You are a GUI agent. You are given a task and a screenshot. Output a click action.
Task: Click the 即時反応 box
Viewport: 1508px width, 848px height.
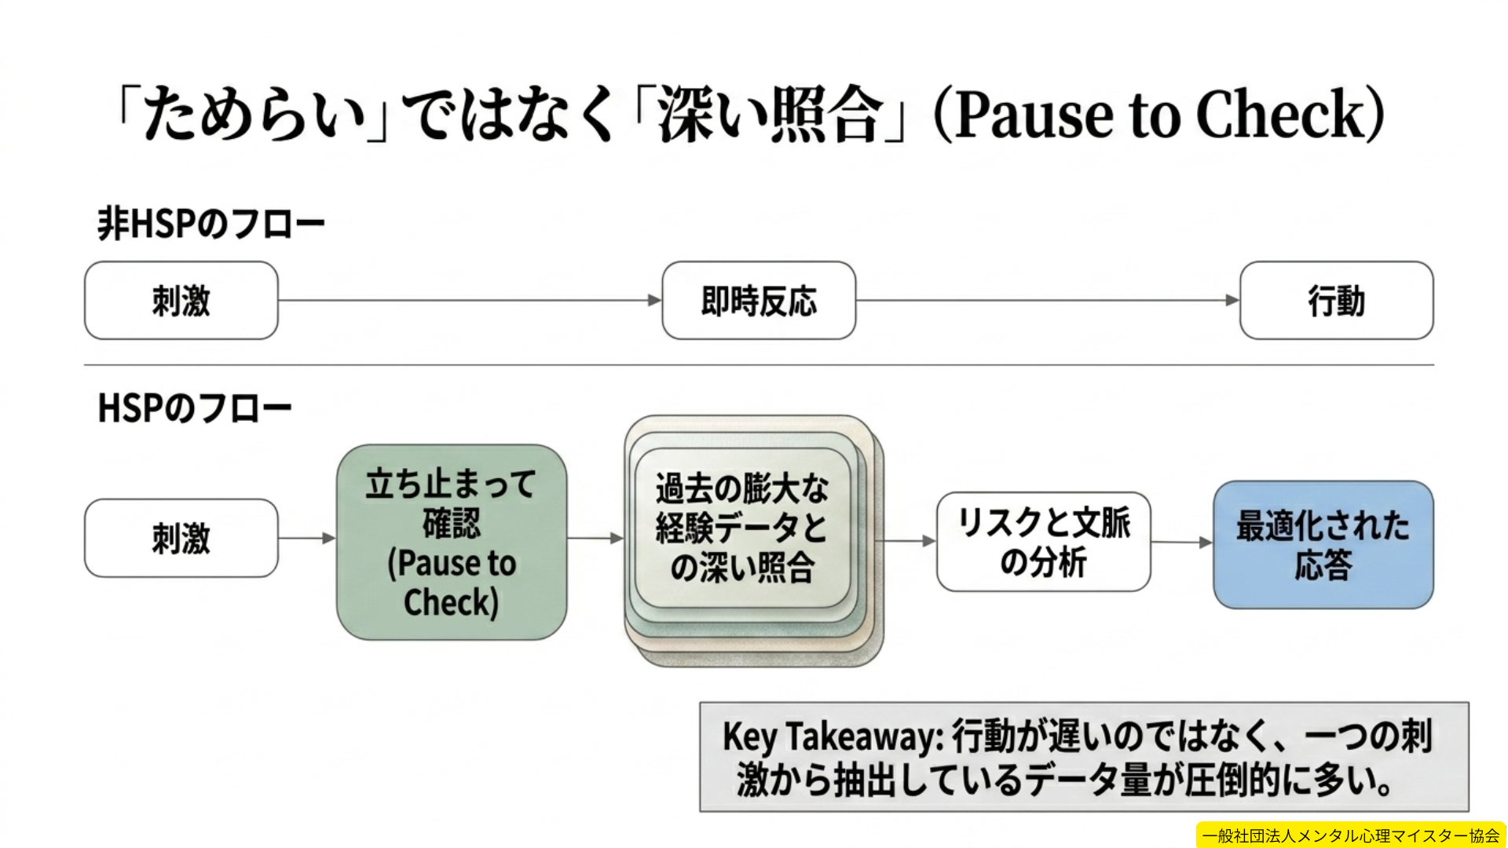point(759,301)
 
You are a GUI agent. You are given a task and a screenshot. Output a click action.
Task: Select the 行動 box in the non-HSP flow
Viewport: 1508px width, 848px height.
point(1336,301)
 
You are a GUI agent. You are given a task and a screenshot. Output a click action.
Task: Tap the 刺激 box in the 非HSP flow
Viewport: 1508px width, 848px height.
point(181,301)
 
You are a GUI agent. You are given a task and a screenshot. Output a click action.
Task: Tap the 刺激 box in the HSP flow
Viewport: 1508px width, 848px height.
point(181,539)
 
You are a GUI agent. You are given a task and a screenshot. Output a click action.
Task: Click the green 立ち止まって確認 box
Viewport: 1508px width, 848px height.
point(452,542)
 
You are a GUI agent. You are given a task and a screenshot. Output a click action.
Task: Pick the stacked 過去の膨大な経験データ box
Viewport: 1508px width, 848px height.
point(742,528)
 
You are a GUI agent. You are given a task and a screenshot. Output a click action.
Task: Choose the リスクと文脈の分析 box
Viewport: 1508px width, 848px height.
point(1043,542)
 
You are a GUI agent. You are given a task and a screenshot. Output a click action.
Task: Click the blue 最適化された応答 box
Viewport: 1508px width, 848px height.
point(1323,544)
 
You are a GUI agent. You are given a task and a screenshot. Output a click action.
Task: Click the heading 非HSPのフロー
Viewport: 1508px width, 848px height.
point(210,224)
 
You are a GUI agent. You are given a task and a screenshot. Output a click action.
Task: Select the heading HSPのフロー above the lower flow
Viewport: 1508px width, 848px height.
point(195,408)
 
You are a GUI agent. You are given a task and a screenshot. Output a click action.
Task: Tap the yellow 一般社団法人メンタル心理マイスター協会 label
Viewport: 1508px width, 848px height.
point(1350,835)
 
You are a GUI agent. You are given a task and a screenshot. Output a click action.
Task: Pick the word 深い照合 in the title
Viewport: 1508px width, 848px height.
point(770,115)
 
